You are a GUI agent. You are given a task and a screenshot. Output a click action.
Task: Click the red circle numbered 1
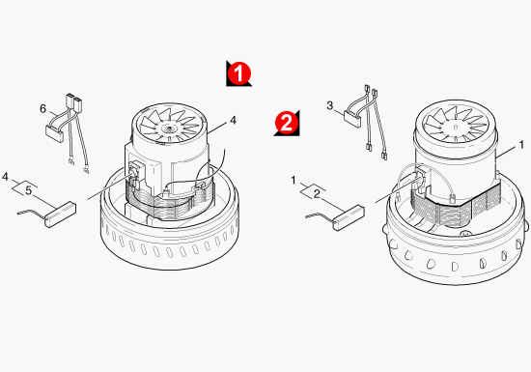click(x=239, y=72)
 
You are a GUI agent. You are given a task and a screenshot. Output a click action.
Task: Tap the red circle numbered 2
click(x=287, y=123)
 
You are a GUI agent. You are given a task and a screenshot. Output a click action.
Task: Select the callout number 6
click(x=43, y=109)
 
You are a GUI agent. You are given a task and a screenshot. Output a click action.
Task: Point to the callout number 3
click(x=330, y=105)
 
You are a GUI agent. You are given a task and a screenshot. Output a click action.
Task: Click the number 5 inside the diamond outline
click(x=28, y=190)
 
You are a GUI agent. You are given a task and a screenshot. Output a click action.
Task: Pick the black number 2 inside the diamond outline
click(x=317, y=194)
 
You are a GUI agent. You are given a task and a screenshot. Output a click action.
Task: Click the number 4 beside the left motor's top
click(x=233, y=120)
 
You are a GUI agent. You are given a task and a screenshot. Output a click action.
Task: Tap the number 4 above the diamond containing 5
click(x=5, y=177)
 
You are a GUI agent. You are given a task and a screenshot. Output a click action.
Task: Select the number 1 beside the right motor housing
click(x=521, y=145)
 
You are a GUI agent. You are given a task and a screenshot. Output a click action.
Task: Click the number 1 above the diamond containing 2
click(x=293, y=181)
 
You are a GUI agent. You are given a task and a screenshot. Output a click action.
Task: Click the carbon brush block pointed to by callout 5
click(x=60, y=215)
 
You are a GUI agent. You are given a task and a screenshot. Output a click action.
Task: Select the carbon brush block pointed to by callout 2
click(x=349, y=217)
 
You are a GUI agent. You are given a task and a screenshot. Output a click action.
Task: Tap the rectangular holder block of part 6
click(x=54, y=134)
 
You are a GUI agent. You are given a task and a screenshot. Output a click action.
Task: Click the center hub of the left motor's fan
click(x=168, y=129)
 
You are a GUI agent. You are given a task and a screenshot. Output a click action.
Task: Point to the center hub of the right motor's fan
click(x=456, y=127)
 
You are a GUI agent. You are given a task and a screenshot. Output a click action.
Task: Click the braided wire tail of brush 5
click(x=31, y=213)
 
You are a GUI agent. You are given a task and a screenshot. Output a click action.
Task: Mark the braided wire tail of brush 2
click(x=320, y=215)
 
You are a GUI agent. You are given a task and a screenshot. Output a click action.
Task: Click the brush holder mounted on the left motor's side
click(x=135, y=173)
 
